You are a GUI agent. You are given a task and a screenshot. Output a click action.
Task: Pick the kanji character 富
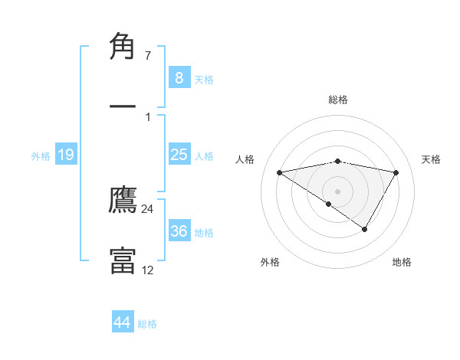click(123, 260)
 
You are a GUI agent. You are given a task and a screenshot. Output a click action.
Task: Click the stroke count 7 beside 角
click(148, 56)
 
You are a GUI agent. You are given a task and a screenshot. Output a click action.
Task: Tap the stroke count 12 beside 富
click(147, 270)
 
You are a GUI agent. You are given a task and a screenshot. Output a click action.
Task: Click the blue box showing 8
click(179, 78)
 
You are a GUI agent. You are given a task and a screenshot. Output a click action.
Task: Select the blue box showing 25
click(179, 155)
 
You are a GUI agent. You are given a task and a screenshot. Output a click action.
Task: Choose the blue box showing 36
click(179, 231)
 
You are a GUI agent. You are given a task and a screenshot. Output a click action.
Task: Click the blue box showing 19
click(66, 155)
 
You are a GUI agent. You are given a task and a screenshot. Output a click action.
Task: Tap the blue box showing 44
click(122, 322)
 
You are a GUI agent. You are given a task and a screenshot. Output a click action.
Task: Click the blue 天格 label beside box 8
click(204, 80)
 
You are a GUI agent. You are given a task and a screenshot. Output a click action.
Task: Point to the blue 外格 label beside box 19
click(41, 156)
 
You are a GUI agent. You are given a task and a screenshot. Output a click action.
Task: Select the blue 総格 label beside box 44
click(147, 324)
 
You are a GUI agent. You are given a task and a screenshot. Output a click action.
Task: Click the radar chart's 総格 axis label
click(338, 100)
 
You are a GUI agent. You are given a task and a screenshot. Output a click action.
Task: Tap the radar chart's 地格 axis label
click(402, 262)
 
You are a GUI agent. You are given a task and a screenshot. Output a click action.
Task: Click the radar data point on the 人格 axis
click(279, 172)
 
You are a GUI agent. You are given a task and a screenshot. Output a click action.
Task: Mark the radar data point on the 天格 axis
click(396, 172)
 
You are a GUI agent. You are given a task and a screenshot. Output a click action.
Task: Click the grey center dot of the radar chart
click(338, 191)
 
